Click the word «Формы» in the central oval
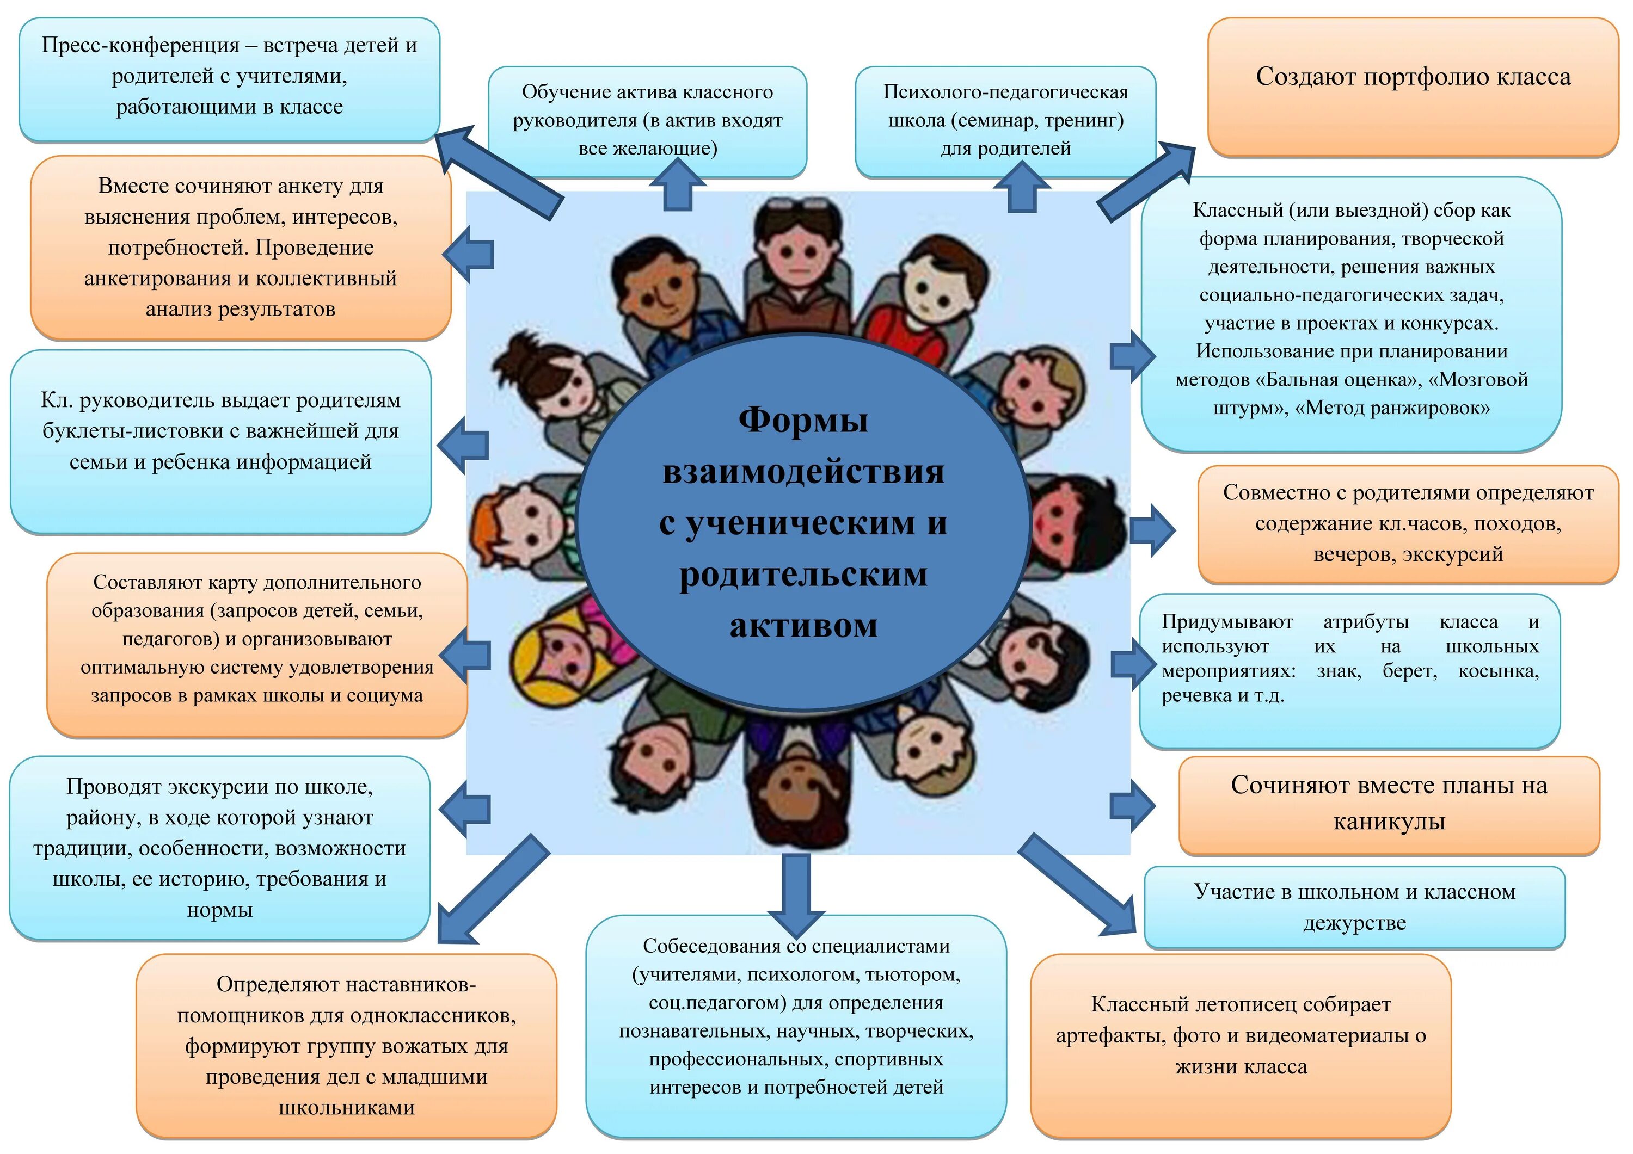click(803, 419)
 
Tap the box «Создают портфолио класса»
click(1413, 77)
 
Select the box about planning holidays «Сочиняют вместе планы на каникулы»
click(1389, 804)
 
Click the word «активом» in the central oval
click(803, 626)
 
